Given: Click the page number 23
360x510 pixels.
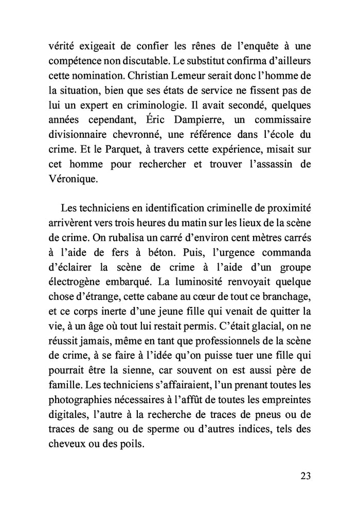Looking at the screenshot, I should coord(305,475).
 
